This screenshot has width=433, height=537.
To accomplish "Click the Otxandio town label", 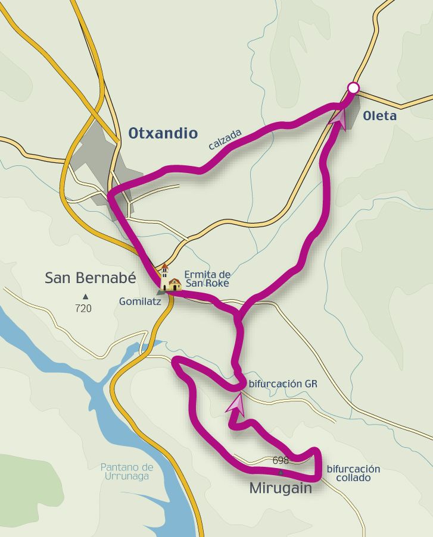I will click(163, 133).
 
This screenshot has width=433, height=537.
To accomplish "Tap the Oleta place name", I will click(379, 116).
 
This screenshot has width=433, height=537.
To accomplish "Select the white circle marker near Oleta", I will click(353, 89).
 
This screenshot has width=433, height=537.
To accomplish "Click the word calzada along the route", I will click(225, 139).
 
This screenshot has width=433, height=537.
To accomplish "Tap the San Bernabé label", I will click(91, 278).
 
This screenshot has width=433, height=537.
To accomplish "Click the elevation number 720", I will click(83, 308).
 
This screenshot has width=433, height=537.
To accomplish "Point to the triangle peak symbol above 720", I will click(85, 296).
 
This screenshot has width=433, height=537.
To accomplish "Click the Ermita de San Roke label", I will click(207, 278).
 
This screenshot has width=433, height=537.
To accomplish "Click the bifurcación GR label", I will click(283, 384).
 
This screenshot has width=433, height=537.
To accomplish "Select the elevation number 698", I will click(280, 460).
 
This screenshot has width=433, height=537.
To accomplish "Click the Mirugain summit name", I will click(280, 488).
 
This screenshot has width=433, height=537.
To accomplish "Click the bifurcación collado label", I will click(353, 473).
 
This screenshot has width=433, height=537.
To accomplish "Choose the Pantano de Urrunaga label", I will click(127, 471).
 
